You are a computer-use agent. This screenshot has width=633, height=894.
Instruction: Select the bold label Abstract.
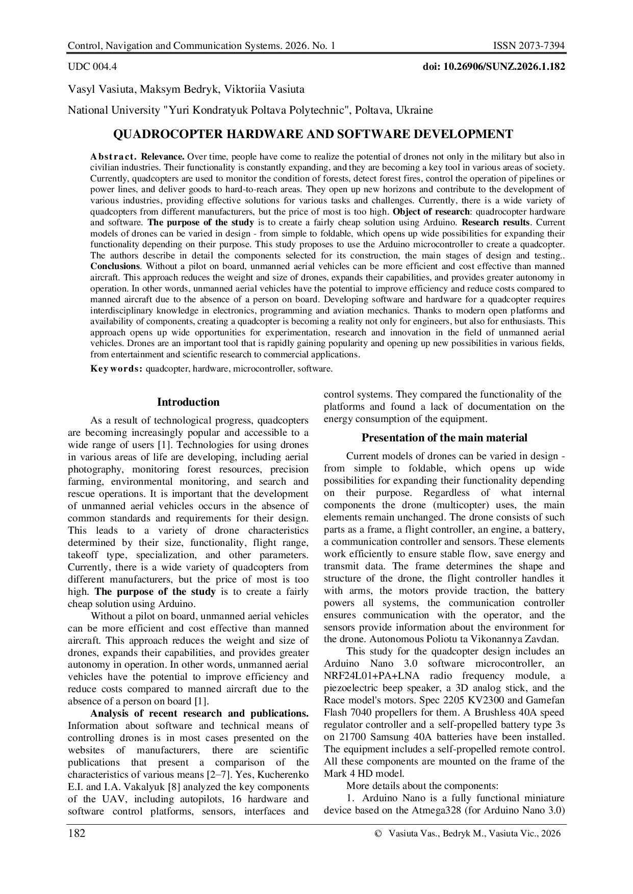click(113, 156)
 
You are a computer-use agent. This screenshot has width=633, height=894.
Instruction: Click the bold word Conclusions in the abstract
click(115, 267)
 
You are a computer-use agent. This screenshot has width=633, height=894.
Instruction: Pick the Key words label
click(116, 369)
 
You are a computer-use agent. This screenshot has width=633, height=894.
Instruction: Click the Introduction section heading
click(188, 402)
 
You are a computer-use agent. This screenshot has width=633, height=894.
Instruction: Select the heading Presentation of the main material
click(444, 438)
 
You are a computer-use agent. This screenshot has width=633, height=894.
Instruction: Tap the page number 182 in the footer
click(77, 833)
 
